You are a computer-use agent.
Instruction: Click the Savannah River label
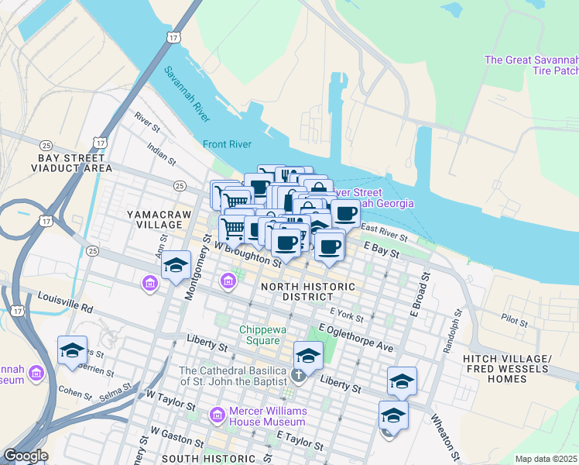tap(187, 95)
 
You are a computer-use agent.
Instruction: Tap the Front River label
tap(228, 144)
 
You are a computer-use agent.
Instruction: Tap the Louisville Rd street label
tap(67, 302)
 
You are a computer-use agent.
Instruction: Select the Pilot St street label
tap(514, 319)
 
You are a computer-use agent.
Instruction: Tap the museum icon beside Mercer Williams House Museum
tap(218, 416)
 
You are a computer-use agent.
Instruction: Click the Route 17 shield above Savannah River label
tap(172, 37)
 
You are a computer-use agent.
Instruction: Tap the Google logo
tap(26, 456)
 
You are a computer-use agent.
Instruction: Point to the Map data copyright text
tap(546, 459)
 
